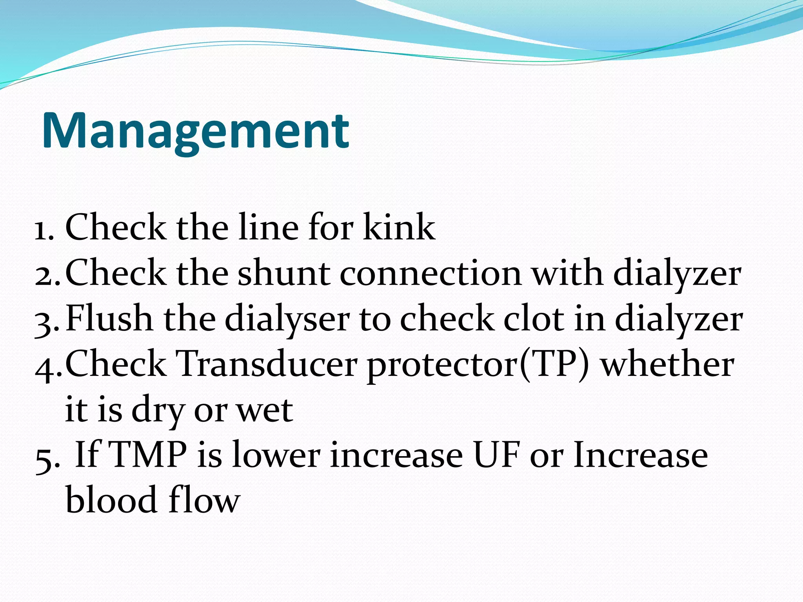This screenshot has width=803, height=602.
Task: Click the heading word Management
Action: coord(195,131)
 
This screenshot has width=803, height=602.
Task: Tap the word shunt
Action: coord(283,273)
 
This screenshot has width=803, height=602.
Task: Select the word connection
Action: coord(431,273)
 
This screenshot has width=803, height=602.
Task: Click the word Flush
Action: coord(109,318)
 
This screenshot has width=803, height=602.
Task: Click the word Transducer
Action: coord(266,364)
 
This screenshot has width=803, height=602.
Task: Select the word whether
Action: coord(667,364)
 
